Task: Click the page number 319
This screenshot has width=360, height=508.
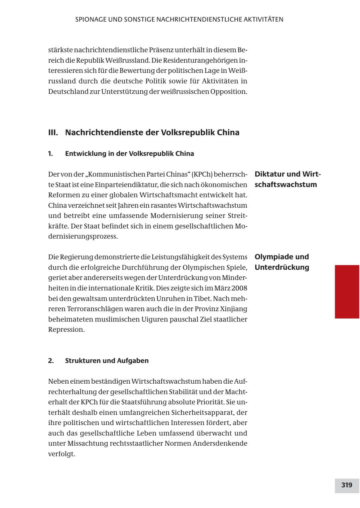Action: coord(346,485)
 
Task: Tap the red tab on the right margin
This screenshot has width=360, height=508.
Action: coord(347,291)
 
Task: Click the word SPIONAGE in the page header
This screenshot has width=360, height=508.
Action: coord(90,19)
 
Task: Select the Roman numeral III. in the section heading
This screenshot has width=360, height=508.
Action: coord(53,132)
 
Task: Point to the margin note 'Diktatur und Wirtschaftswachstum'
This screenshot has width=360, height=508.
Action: coord(288,179)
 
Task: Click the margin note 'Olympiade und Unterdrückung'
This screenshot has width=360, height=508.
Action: coord(282,262)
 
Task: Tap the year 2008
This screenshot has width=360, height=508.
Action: coord(239,288)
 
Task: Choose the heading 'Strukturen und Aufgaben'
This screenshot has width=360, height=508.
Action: coord(107,361)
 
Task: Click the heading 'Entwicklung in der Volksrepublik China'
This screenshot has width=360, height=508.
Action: coord(129,153)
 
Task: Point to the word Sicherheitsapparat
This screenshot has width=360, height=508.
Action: coord(209,412)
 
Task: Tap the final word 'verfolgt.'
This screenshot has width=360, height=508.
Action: coord(62,454)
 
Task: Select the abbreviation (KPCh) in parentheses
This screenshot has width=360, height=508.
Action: coord(204,174)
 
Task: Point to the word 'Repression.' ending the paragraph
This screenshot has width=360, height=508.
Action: coord(66,330)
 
